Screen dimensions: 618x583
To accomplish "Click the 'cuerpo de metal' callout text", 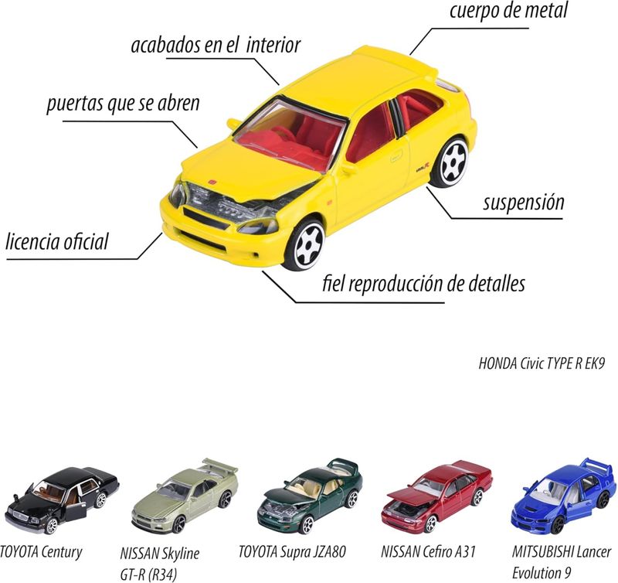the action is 508,11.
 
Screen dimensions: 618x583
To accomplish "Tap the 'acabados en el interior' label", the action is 216,45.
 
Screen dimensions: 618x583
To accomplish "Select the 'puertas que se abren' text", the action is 123,104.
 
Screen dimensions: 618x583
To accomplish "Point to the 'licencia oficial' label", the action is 56,241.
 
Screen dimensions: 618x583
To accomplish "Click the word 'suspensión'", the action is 524,203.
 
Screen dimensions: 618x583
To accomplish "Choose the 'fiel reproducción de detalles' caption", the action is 423,283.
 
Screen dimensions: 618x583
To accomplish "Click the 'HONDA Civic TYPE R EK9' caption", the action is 542,363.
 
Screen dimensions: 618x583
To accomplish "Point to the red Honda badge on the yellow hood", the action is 212,182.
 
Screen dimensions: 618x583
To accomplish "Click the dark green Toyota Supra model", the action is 309,495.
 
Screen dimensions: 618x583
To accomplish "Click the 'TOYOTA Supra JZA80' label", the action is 292,551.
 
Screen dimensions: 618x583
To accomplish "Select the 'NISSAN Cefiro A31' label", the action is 428,551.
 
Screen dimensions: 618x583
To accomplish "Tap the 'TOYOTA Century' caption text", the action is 41,551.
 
